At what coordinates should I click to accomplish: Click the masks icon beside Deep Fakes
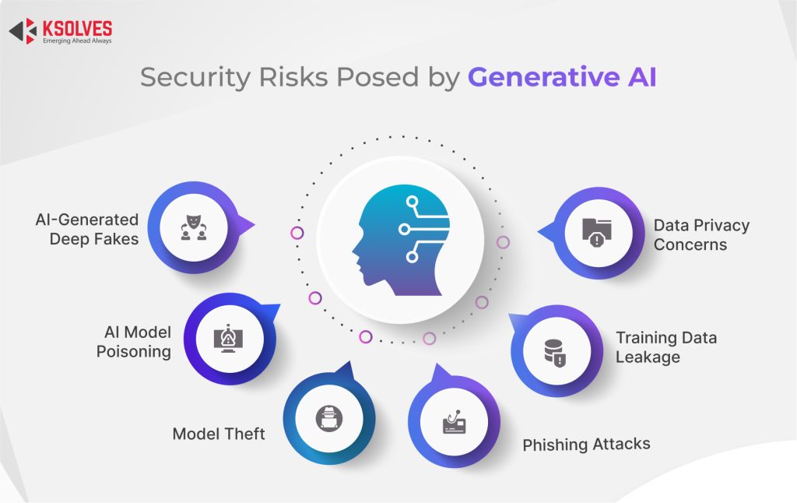coord(193,228)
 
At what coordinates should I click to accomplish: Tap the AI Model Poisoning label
coord(134,342)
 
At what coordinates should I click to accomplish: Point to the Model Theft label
coord(219,434)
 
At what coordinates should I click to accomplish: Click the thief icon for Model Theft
coord(328,419)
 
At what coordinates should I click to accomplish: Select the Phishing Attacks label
coord(586,445)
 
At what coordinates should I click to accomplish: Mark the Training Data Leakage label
coord(665,347)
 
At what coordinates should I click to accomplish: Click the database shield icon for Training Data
coord(555,352)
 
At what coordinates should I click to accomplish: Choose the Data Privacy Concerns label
coord(701,234)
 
